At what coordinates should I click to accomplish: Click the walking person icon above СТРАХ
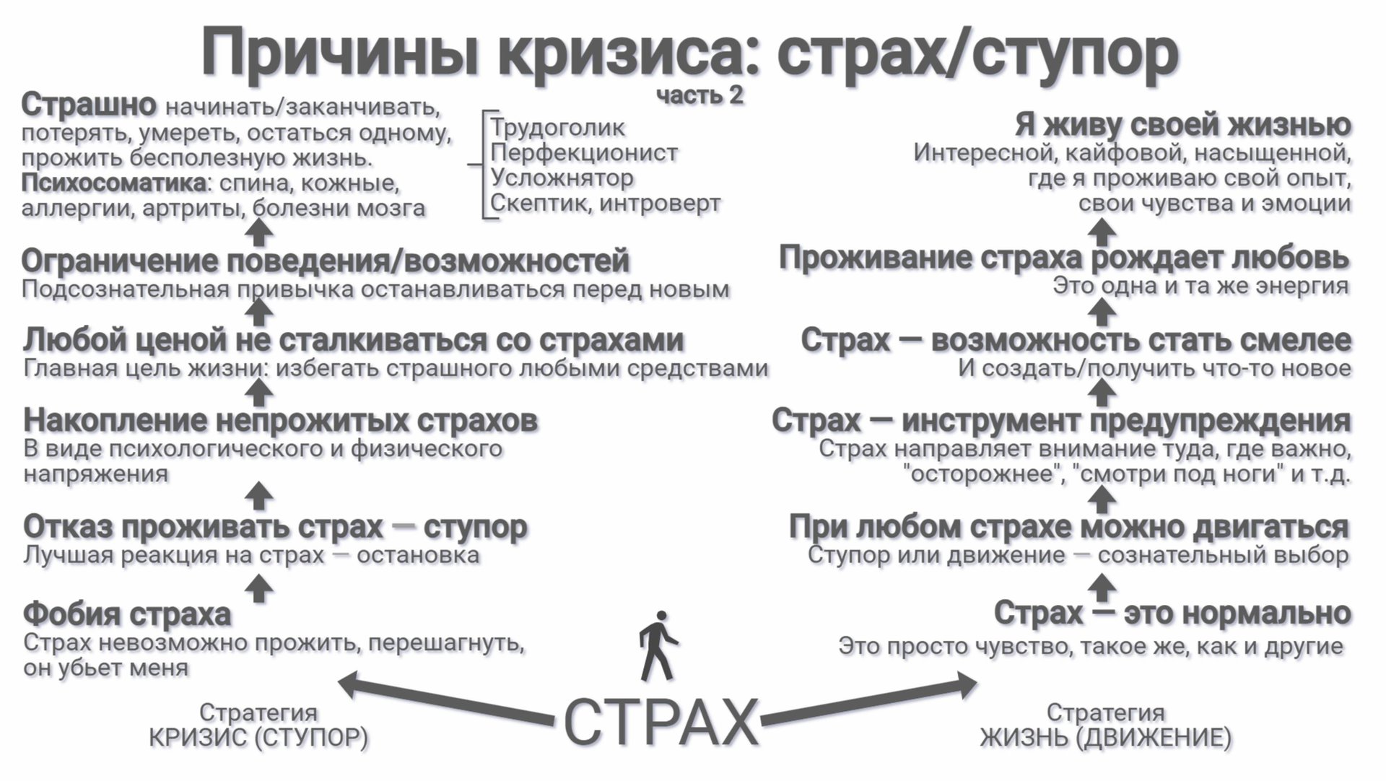click(657, 646)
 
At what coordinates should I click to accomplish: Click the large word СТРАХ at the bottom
click(660, 722)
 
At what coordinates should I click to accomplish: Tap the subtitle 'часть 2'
click(699, 95)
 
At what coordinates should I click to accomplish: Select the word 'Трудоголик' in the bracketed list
click(557, 128)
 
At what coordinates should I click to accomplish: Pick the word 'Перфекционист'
click(584, 153)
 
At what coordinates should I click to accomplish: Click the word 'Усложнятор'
click(562, 178)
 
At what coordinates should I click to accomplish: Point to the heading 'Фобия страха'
click(127, 614)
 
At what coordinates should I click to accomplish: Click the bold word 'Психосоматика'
click(114, 183)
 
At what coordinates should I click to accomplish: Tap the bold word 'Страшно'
click(89, 105)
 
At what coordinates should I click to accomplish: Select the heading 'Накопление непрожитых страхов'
click(280, 420)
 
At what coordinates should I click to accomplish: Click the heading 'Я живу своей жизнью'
click(1182, 125)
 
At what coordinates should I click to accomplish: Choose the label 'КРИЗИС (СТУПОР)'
click(258, 738)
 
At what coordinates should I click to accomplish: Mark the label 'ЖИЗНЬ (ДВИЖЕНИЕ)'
click(1105, 738)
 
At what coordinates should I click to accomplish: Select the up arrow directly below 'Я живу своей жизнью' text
click(1102, 232)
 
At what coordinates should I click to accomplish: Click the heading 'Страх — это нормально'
click(1172, 614)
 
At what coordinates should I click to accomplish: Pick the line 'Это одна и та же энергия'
click(1200, 286)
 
